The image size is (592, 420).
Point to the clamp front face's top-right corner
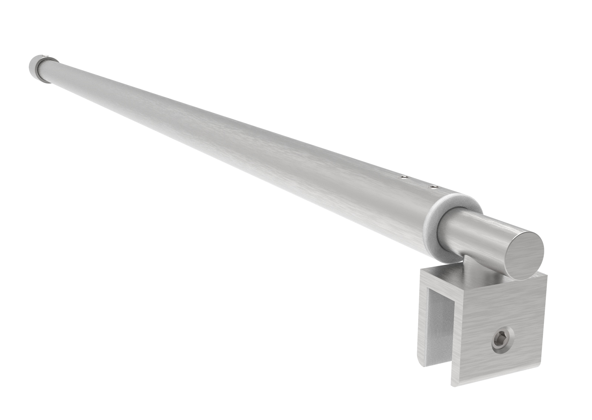coord(545,276)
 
